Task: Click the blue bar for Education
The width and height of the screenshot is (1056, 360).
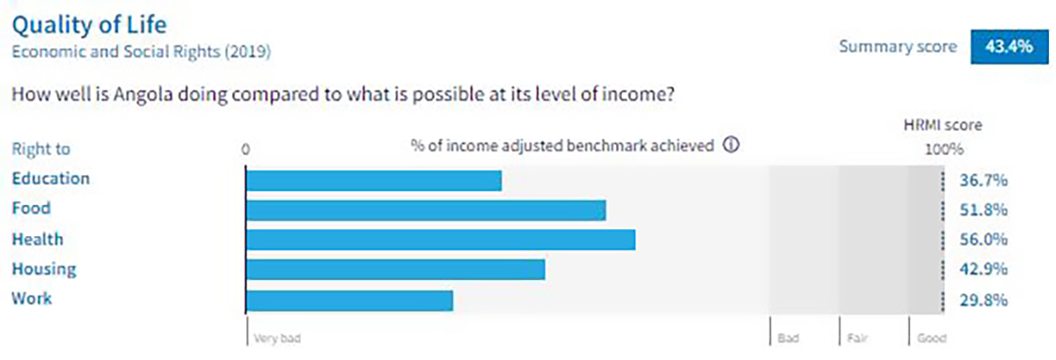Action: (374, 180)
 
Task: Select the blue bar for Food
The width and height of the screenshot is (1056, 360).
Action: (426, 210)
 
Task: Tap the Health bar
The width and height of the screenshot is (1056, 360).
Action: (441, 239)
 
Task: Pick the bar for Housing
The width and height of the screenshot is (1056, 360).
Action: (395, 269)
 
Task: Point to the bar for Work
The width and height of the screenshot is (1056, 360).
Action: (349, 300)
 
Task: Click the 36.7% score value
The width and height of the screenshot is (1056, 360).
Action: (984, 180)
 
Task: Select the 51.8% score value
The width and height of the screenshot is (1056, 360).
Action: (984, 209)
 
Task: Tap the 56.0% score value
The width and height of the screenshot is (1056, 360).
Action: (984, 239)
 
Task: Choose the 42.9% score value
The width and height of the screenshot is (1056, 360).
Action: (984, 269)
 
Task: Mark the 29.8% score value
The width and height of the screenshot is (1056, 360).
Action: (984, 299)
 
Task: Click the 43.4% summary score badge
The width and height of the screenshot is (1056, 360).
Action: (1009, 47)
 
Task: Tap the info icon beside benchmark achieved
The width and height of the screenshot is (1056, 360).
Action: (731, 144)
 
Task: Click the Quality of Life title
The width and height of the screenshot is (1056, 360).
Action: (89, 26)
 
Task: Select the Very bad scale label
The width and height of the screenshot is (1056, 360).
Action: (277, 338)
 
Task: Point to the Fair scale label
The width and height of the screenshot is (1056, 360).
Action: (857, 338)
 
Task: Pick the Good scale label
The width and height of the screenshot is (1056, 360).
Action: (932, 338)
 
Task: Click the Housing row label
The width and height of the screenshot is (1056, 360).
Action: (44, 269)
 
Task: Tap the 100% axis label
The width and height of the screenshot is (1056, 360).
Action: (944, 150)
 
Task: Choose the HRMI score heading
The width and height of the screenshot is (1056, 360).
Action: (942, 125)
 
